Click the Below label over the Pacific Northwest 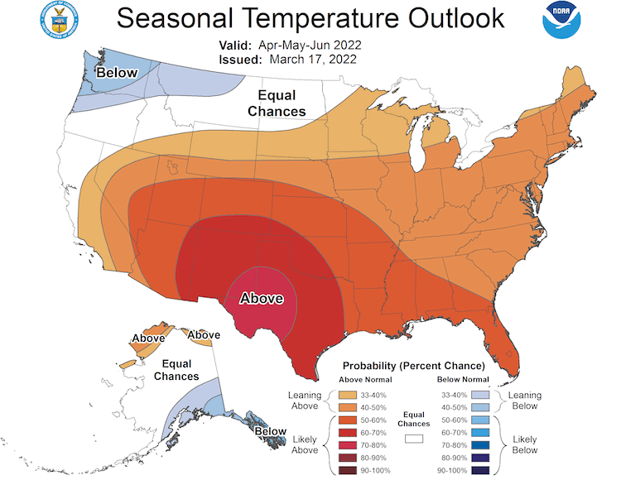(116, 74)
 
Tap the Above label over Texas (261, 299)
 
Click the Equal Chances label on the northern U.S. (282, 103)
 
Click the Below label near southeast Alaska (271, 431)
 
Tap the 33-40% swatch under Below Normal (479, 395)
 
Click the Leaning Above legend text (305, 401)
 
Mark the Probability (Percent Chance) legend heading (414, 365)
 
